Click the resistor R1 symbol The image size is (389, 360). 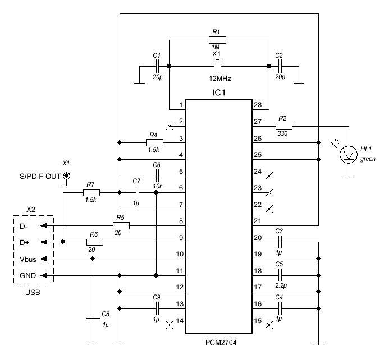tap(218, 40)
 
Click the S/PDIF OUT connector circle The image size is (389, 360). tap(66, 177)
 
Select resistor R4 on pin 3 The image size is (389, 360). tap(154, 142)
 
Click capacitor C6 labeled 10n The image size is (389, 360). tap(157, 176)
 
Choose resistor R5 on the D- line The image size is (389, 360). tap(121, 225)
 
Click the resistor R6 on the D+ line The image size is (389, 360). tap(94, 242)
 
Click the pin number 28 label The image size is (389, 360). tap(257, 105)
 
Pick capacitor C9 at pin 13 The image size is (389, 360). tap(157, 308)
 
